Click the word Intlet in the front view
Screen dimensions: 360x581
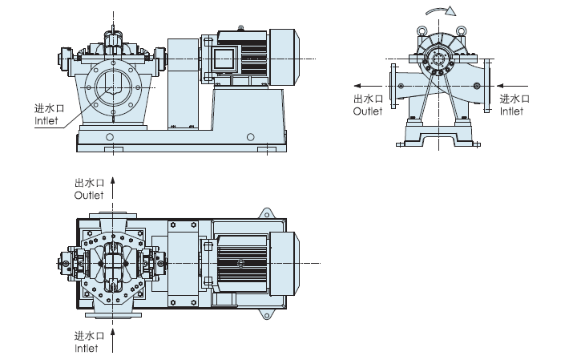(x=47, y=121)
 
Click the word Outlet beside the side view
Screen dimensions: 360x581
(x=369, y=111)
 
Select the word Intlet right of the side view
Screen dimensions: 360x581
(x=510, y=111)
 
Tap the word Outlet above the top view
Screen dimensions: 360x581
(x=89, y=196)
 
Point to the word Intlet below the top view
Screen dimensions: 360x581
(x=86, y=348)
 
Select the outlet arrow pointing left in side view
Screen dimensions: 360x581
(x=368, y=83)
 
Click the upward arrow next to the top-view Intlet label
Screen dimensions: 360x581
(x=113, y=340)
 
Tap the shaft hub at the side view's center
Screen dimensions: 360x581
(x=439, y=60)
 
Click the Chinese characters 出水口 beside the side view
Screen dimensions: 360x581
(x=369, y=99)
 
